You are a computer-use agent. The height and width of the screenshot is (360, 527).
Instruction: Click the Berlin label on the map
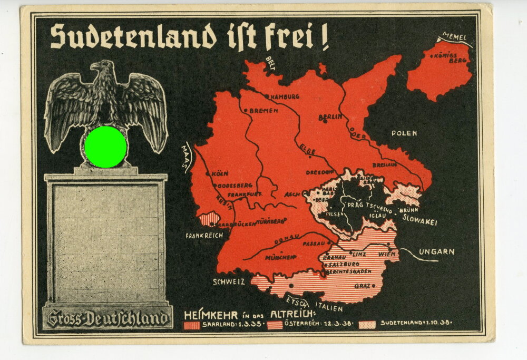coord(330,116)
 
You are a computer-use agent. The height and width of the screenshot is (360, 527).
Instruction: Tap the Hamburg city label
coord(285,96)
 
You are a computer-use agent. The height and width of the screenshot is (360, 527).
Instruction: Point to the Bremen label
coord(263,111)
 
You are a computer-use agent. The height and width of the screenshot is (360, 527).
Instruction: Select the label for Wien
coord(387,254)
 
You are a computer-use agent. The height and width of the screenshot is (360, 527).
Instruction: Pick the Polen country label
coord(404,133)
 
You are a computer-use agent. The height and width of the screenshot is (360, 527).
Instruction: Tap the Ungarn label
coord(436,251)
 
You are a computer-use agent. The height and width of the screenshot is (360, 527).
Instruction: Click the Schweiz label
coord(229,281)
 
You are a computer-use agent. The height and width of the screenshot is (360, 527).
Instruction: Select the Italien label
coord(329,307)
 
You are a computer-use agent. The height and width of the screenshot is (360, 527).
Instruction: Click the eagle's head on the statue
coord(100,69)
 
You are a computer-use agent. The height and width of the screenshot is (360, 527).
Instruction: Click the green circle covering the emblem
coord(105,147)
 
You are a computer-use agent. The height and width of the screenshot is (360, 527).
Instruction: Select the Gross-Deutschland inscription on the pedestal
coord(108,318)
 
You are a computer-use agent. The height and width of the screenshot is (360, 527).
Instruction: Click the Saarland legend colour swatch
coord(191,325)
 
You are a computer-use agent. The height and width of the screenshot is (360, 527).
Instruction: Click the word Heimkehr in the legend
coord(207,315)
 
